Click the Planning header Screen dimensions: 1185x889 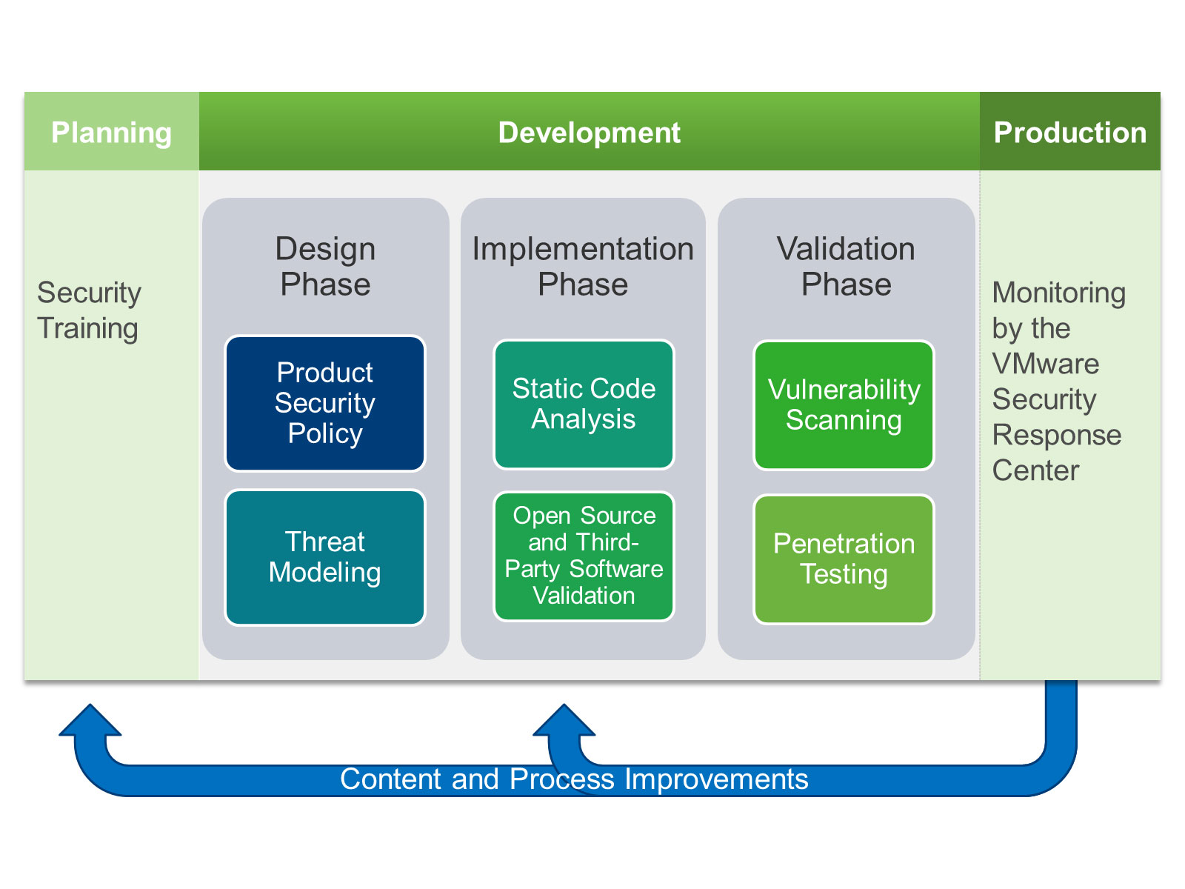(x=111, y=132)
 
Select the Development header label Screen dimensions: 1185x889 (x=589, y=133)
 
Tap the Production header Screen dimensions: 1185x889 (x=1069, y=132)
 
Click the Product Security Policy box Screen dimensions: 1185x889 (x=325, y=403)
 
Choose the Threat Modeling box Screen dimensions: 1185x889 (x=325, y=558)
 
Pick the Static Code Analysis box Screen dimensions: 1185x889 (x=584, y=404)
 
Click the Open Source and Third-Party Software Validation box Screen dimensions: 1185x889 (x=584, y=556)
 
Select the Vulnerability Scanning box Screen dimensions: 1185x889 (x=844, y=404)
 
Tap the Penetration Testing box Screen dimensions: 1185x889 (x=844, y=559)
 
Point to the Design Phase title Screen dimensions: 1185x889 (x=325, y=266)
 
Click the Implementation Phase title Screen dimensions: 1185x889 (x=583, y=266)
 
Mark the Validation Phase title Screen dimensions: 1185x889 (x=846, y=266)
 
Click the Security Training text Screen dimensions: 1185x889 (x=89, y=310)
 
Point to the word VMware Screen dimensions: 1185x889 (x=1046, y=363)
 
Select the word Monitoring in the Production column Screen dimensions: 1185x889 (x=1058, y=294)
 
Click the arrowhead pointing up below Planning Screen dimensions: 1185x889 (x=90, y=719)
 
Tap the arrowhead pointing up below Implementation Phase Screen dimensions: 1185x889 (x=564, y=719)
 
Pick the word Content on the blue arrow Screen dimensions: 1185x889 (x=391, y=779)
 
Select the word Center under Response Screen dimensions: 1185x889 (x=1035, y=470)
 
